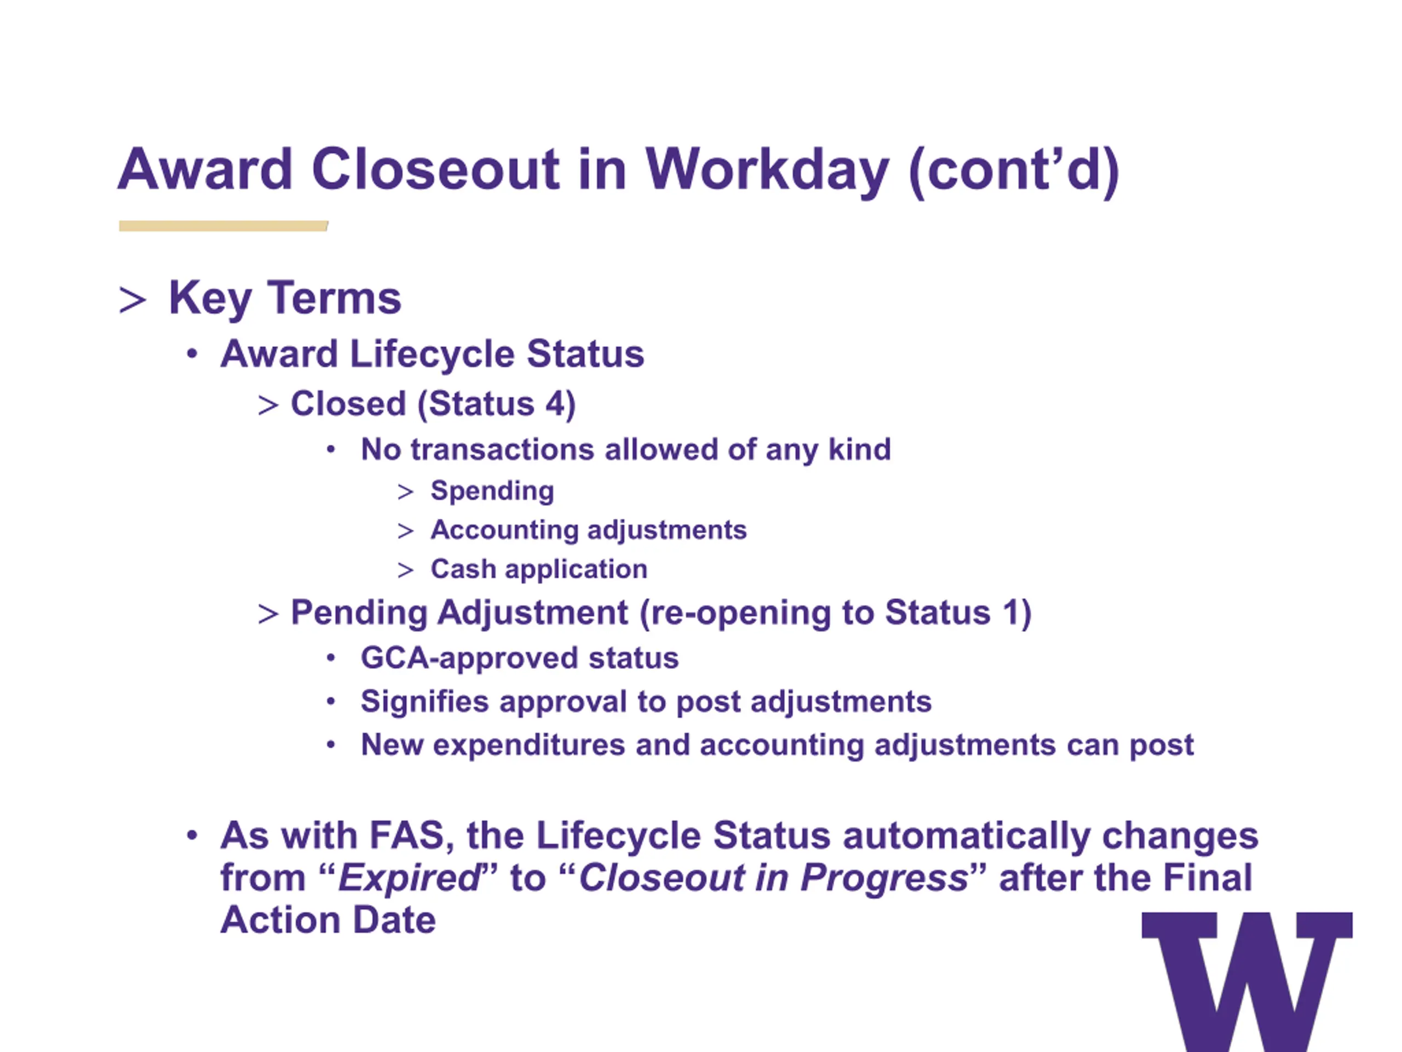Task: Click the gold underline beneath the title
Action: click(x=223, y=226)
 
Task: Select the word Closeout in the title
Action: click(x=436, y=169)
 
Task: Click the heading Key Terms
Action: click(x=285, y=298)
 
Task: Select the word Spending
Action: click(x=492, y=491)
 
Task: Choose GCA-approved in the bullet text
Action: click(x=469, y=658)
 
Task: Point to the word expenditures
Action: click(x=529, y=745)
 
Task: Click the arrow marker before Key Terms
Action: click(x=133, y=299)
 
